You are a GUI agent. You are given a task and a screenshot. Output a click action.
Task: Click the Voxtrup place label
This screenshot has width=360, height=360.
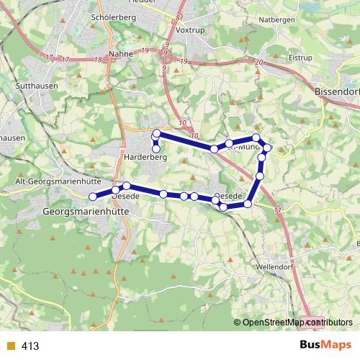pyautogui.click(x=190, y=32)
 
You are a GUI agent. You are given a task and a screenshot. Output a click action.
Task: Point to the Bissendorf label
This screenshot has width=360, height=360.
pyautogui.click(x=337, y=92)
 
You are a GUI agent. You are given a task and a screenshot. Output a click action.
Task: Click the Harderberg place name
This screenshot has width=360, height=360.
pyautogui.click(x=146, y=156)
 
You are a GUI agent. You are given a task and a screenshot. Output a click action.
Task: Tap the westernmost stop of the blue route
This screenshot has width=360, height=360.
pyautogui.click(x=92, y=197)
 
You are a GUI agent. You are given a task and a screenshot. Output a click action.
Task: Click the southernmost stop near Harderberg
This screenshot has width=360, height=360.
pyautogui.click(x=156, y=150)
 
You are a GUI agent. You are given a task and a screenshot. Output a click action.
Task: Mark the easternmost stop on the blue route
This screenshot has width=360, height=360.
pyautogui.click(x=269, y=148)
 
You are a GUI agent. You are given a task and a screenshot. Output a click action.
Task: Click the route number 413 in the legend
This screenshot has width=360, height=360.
pyautogui.click(x=30, y=346)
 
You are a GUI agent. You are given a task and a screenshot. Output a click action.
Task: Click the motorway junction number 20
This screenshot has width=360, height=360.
pyautogui.click(x=258, y=63)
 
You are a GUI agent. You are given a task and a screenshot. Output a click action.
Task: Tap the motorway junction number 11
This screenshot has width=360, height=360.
pyautogui.click(x=278, y=210)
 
